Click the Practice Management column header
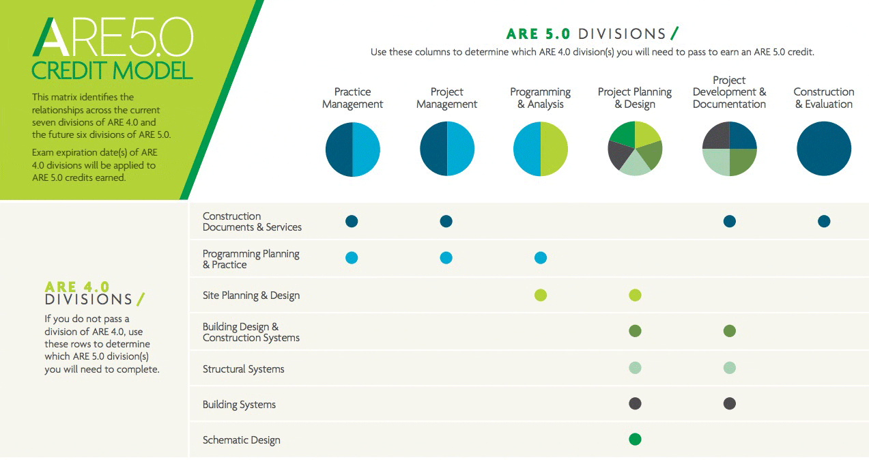point(352,98)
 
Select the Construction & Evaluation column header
point(824,98)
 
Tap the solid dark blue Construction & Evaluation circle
point(824,149)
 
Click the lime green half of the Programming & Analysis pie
point(554,149)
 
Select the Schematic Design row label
point(241,440)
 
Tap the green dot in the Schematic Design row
point(635,439)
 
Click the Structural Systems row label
point(243,369)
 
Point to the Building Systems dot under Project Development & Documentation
point(729,403)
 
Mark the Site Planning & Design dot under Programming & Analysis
point(541,295)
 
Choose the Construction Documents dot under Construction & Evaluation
point(824,221)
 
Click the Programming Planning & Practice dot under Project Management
point(446,257)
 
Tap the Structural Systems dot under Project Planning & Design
point(635,368)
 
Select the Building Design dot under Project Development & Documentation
point(729,331)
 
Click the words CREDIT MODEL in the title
point(112,70)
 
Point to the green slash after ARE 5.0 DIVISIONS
point(674,33)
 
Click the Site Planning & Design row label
point(251,296)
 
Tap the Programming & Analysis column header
point(540,98)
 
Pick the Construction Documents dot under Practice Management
point(352,221)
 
